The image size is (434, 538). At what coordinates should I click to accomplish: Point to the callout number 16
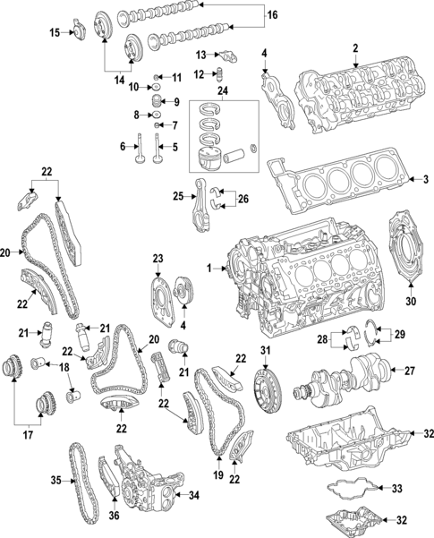(273, 15)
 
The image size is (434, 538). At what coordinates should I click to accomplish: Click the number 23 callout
(158, 260)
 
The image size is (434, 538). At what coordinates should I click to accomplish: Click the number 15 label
(55, 32)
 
